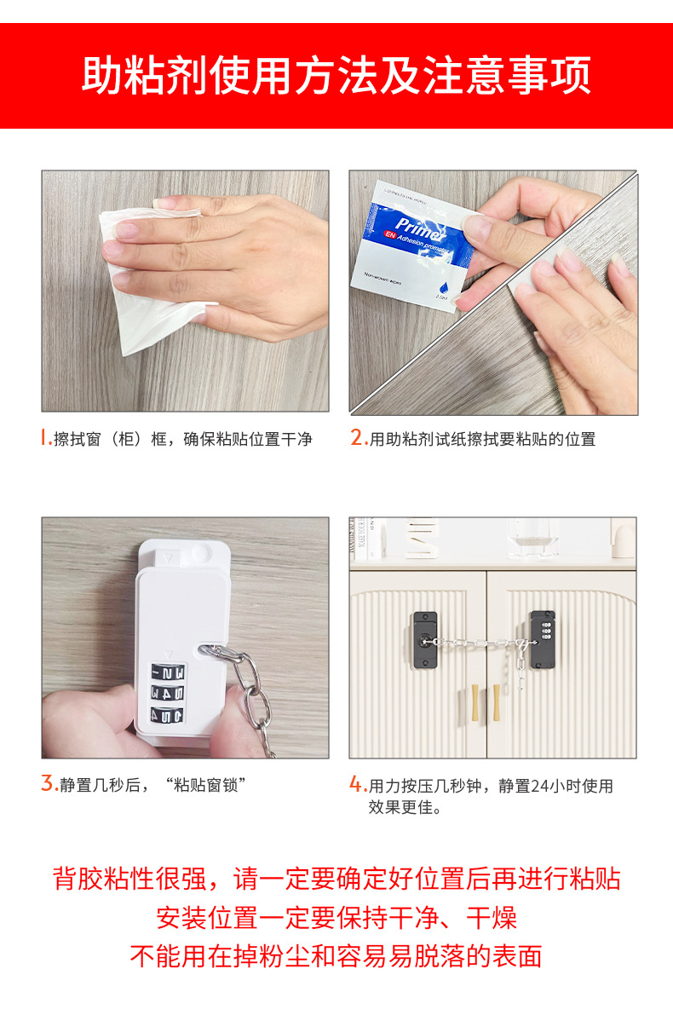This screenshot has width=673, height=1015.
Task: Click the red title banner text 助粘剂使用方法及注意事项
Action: click(336, 76)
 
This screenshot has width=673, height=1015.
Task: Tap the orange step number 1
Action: click(46, 438)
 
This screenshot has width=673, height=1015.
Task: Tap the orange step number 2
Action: click(358, 438)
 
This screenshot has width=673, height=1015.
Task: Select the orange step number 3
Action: click(49, 784)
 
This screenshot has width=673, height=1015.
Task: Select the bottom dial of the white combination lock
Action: click(168, 714)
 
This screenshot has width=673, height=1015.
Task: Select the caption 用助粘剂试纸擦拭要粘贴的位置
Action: click(482, 439)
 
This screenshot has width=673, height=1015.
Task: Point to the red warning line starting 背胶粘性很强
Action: click(336, 879)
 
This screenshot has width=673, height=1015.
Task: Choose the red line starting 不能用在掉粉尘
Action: click(336, 956)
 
